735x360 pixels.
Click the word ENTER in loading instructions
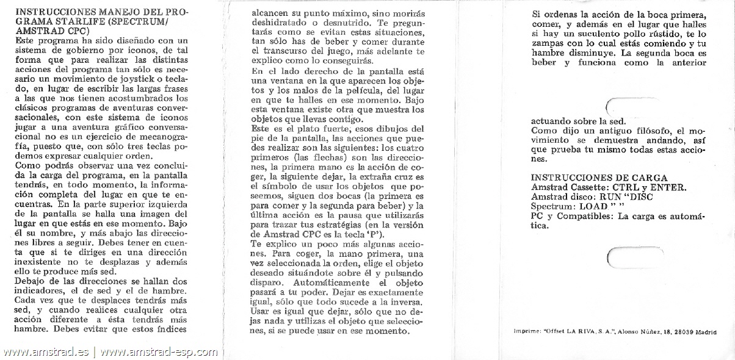point(668,187)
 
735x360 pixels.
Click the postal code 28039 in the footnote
point(686,331)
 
